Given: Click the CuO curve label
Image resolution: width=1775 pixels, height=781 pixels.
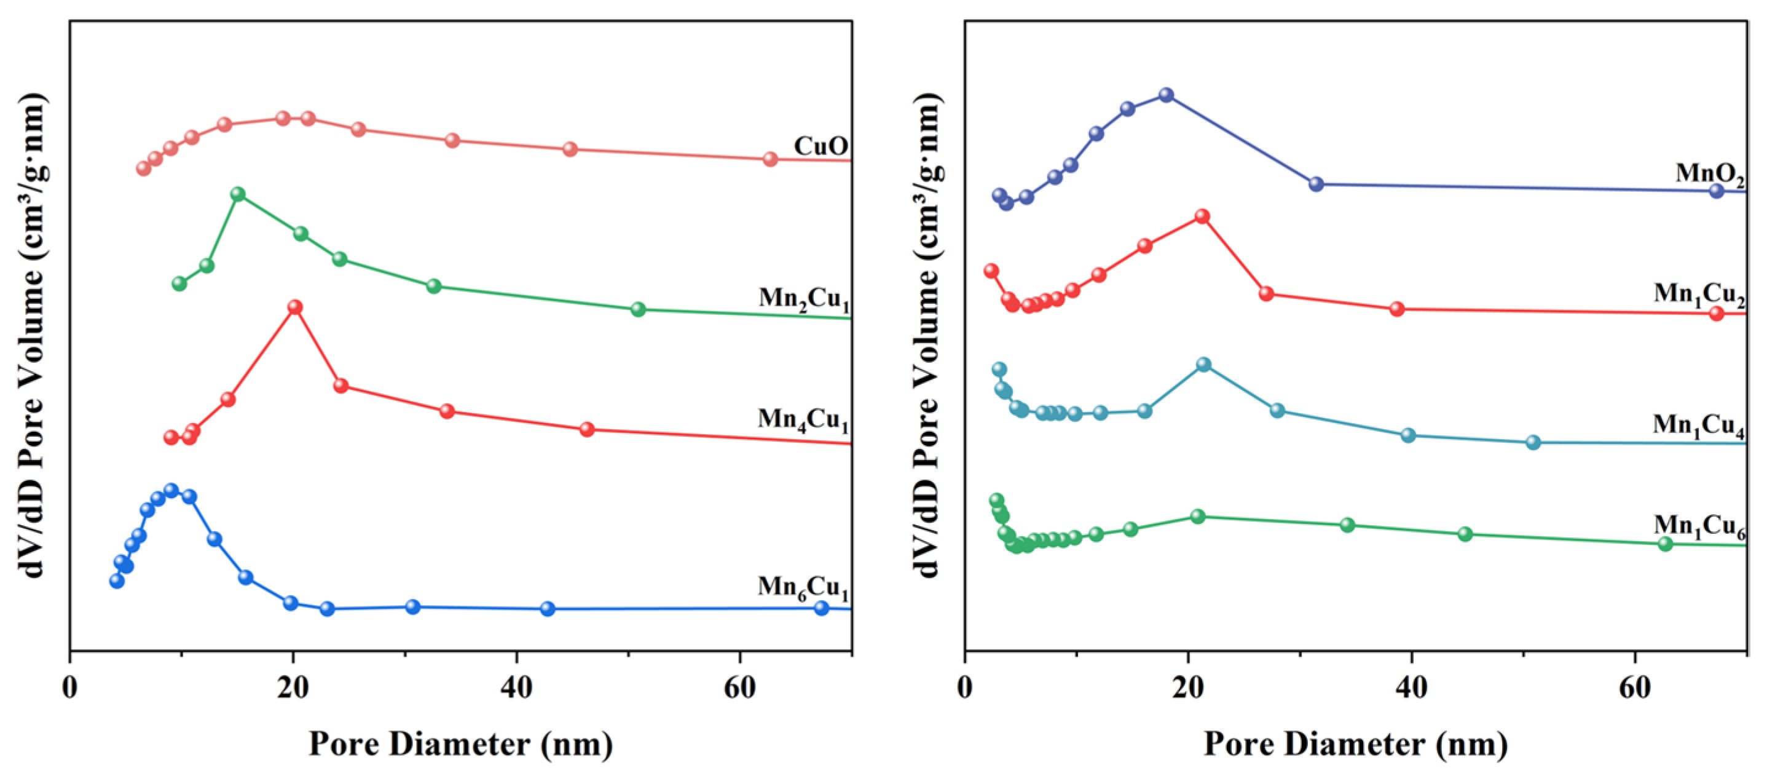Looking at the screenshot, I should click(x=820, y=146).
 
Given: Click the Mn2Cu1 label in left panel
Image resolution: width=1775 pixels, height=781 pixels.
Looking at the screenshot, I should click(x=803, y=299).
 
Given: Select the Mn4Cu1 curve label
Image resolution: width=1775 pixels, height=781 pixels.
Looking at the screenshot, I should click(x=803, y=420).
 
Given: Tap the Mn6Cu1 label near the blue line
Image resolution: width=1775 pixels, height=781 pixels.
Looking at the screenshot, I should click(x=803, y=587).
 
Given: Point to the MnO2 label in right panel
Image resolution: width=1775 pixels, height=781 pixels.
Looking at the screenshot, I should click(x=1709, y=173).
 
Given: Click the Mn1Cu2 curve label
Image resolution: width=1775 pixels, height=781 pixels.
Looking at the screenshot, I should click(x=1699, y=295).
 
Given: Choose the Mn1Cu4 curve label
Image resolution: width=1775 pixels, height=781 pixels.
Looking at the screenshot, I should click(x=1699, y=426).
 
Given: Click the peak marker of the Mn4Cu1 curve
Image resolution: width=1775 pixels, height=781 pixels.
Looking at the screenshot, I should click(x=295, y=307).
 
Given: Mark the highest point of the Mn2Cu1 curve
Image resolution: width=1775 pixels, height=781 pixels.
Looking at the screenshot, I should click(x=238, y=194).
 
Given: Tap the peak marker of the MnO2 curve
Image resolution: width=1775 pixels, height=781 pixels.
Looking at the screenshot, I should click(x=1166, y=95).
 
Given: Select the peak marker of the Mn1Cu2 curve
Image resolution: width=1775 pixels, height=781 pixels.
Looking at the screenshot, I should click(x=1202, y=216).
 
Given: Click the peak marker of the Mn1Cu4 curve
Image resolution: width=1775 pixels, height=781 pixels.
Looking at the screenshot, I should click(x=1203, y=364).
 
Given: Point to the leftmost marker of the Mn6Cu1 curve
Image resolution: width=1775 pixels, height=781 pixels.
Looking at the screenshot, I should click(x=117, y=581).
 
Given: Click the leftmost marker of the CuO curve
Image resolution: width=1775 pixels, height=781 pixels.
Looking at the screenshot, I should click(x=143, y=168).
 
